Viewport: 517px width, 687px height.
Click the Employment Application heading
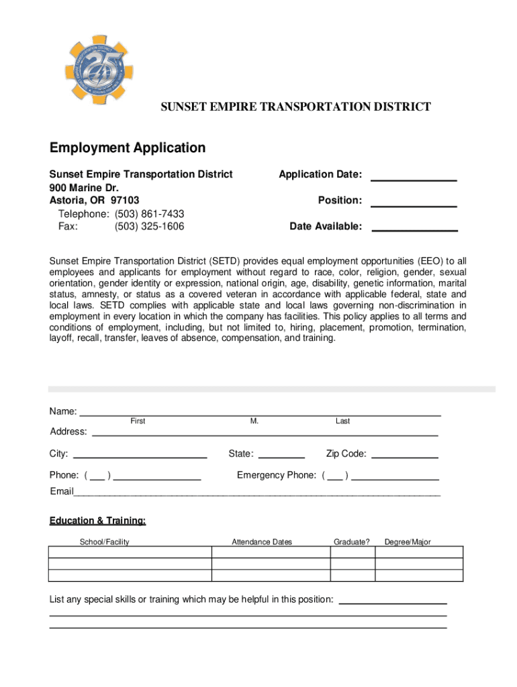(x=128, y=148)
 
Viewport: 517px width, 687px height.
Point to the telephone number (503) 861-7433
(x=149, y=214)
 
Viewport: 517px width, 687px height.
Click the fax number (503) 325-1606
(x=149, y=227)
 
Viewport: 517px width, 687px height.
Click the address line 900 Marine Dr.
(x=79, y=187)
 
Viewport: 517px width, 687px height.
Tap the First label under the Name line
(x=138, y=421)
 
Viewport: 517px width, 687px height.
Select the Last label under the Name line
(x=342, y=421)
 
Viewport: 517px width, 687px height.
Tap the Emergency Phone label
(x=276, y=476)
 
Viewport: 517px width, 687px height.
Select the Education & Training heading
(x=97, y=521)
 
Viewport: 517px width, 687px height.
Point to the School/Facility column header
(x=104, y=542)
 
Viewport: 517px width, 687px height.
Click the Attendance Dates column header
(x=262, y=542)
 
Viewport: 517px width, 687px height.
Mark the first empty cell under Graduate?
(x=352, y=552)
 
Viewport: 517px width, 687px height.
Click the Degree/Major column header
(x=408, y=542)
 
